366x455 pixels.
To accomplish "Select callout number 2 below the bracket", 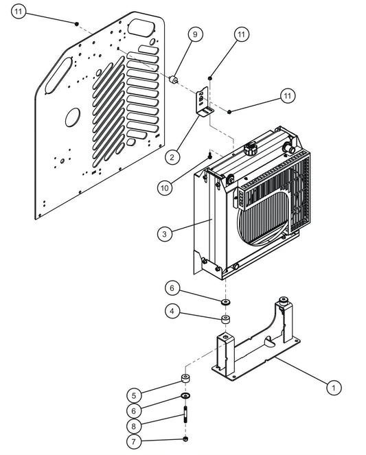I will [x=173, y=157].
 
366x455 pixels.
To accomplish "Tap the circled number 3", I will [x=163, y=234].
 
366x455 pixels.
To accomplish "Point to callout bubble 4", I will [x=173, y=312].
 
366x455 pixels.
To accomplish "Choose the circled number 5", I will [x=135, y=395].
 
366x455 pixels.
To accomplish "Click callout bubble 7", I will [x=135, y=440].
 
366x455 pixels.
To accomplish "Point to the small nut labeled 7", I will [x=185, y=439].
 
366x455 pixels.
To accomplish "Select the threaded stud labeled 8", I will [x=185, y=417].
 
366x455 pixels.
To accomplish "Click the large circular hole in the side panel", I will [x=73, y=118].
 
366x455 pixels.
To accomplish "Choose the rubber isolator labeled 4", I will [x=225, y=319].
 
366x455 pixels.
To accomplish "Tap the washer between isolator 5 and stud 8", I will [x=185, y=397].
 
